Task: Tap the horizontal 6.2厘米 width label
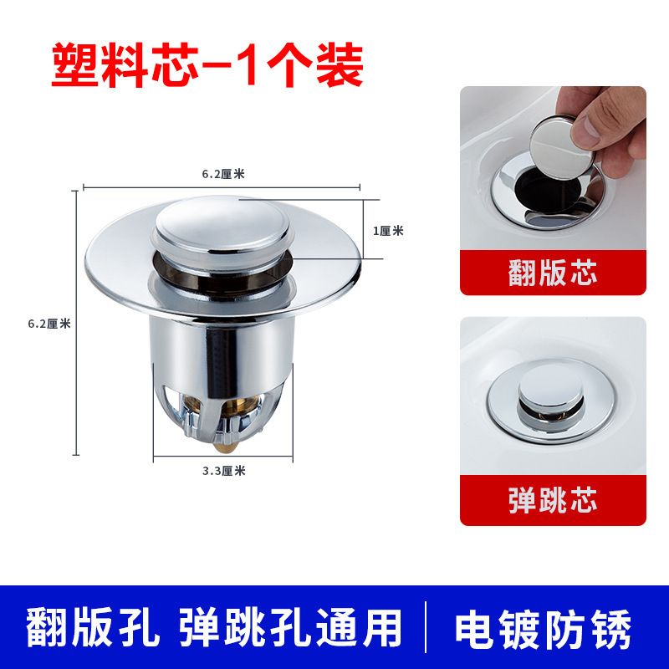click(222, 175)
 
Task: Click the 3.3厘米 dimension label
click(223, 470)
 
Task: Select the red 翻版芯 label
click(553, 273)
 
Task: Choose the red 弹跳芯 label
click(553, 502)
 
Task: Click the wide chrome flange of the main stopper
click(117, 268)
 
